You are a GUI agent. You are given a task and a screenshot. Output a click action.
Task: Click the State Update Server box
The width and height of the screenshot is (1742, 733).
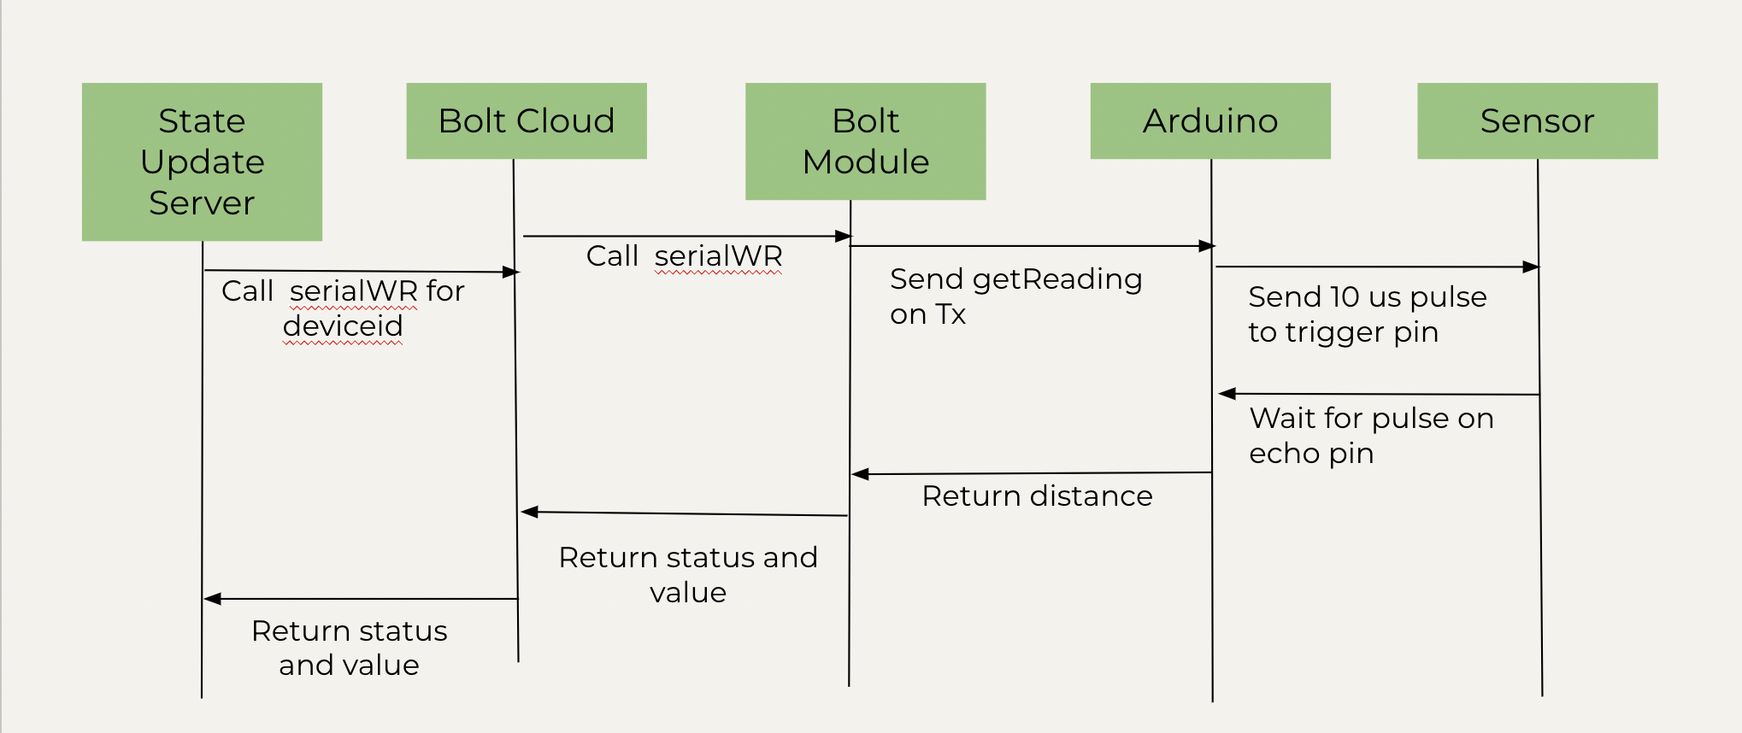202,161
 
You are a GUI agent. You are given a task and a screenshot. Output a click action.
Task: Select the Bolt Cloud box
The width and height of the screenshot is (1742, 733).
526,120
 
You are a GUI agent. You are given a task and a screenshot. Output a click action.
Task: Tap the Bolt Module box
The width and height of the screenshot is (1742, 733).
865,141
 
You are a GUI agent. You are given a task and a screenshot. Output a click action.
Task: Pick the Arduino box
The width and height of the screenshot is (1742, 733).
1209,120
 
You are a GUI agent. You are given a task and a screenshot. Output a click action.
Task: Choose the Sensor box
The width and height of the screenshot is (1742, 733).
1537,120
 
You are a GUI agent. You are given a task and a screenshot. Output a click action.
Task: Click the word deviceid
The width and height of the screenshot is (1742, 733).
342,325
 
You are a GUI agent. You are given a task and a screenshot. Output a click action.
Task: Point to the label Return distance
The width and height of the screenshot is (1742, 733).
1037,496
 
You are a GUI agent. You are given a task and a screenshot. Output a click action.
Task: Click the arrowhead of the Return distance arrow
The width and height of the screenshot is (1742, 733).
860,474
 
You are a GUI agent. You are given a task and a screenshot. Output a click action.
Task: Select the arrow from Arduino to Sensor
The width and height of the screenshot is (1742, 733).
1376,267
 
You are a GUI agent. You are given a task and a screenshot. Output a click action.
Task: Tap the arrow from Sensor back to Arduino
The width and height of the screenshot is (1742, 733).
1378,394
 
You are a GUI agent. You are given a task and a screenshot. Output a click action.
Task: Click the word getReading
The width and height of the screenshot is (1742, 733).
1057,279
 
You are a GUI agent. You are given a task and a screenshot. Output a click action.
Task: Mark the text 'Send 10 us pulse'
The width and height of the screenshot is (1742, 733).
1367,296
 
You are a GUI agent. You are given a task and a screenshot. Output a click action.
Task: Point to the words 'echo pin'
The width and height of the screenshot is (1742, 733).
1310,453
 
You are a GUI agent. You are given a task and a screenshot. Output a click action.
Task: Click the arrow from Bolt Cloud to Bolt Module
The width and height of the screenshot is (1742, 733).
684,236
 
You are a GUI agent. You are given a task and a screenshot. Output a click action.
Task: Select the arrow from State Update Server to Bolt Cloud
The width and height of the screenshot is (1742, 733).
359,271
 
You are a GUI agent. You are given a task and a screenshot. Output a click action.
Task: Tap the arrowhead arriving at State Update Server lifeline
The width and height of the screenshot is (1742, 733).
212,599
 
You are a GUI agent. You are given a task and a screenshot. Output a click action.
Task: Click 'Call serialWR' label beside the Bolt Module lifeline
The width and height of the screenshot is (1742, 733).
684,255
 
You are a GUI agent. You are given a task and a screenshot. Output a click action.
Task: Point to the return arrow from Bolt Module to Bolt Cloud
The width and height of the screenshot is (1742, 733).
684,513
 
